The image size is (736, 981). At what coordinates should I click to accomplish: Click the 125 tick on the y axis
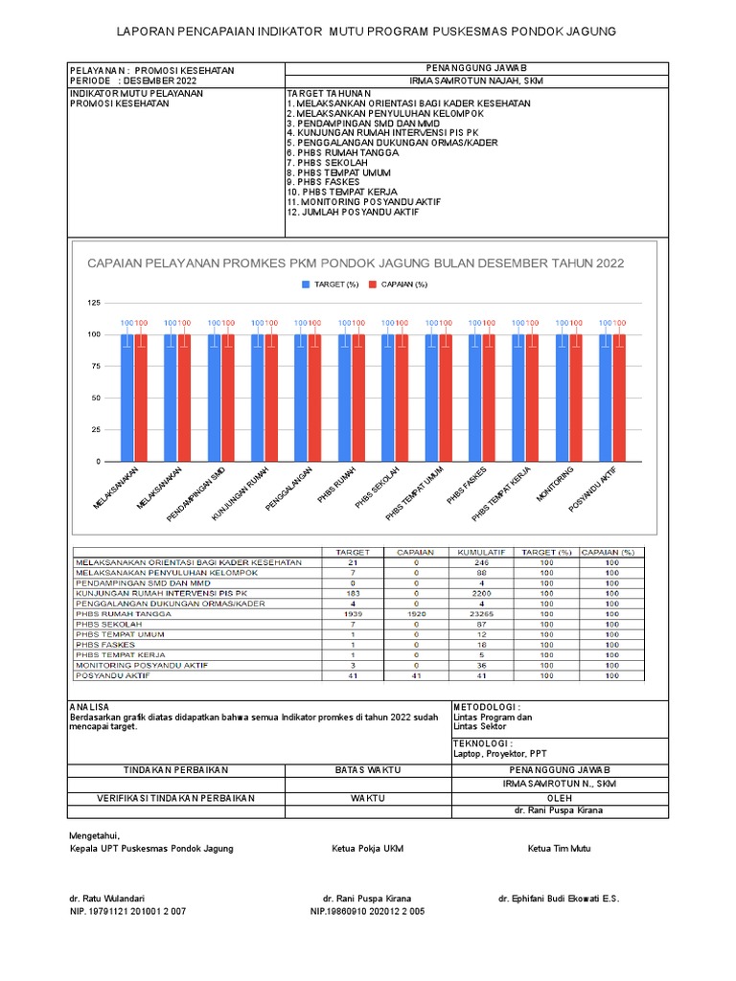pos(93,303)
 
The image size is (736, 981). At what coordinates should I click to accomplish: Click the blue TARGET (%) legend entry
pos(330,285)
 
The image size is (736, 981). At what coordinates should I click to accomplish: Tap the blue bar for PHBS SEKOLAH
pos(389,397)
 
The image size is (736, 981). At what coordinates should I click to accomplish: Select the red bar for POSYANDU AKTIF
pos(619,397)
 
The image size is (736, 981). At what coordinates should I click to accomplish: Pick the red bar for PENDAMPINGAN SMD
pos(228,397)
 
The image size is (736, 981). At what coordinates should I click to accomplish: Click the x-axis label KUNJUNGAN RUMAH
pos(241,494)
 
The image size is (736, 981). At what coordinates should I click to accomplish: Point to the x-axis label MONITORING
pos(555,485)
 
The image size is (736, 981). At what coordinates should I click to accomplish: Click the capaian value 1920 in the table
pos(416,613)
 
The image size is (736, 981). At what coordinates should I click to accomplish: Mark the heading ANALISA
pos(89,706)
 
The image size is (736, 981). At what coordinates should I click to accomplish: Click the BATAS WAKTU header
pos(367,770)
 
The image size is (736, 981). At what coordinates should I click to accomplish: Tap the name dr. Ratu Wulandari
pos(106,899)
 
